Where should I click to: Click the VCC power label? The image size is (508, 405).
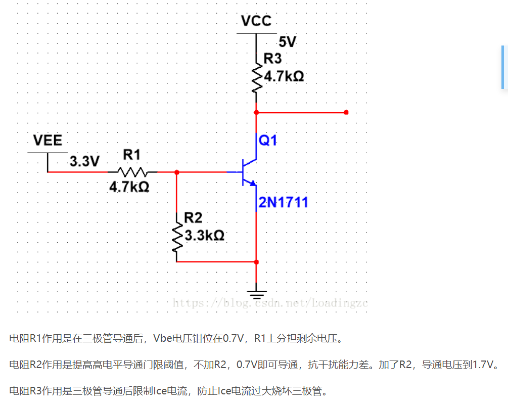click(256, 21)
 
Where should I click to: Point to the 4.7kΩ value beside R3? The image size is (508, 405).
click(284, 77)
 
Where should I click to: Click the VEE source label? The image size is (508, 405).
click(48, 140)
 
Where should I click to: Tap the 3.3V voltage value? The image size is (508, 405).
click(85, 162)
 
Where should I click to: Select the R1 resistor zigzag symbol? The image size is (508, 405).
click(132, 172)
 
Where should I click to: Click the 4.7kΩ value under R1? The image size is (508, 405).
click(129, 187)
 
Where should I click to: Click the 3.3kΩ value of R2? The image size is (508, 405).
click(204, 236)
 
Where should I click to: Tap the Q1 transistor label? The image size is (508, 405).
click(268, 141)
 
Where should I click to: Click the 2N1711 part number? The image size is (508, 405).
click(283, 203)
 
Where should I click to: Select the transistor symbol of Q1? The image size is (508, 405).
click(248, 172)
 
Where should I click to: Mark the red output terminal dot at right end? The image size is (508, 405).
click(346, 112)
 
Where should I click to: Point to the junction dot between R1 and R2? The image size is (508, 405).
click(176, 172)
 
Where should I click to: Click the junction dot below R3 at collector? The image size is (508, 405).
click(256, 112)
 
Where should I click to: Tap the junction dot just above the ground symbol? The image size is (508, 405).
click(256, 262)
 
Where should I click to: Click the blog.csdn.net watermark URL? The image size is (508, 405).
click(270, 303)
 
